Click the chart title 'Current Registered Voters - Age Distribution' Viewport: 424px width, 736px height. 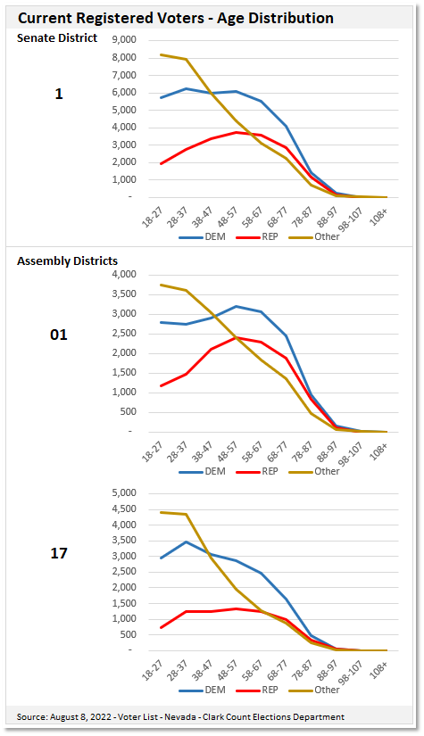pyautogui.click(x=176, y=18)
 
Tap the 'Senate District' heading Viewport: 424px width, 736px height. pyautogui.click(x=57, y=37)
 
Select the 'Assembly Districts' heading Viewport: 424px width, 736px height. pyautogui.click(x=67, y=260)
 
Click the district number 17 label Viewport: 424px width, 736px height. pyautogui.click(x=58, y=553)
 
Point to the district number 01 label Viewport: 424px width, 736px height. pyautogui.click(x=58, y=335)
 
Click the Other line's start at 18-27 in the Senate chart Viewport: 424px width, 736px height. pyautogui.click(x=161, y=54)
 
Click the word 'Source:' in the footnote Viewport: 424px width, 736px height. pyautogui.click(x=34, y=716)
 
